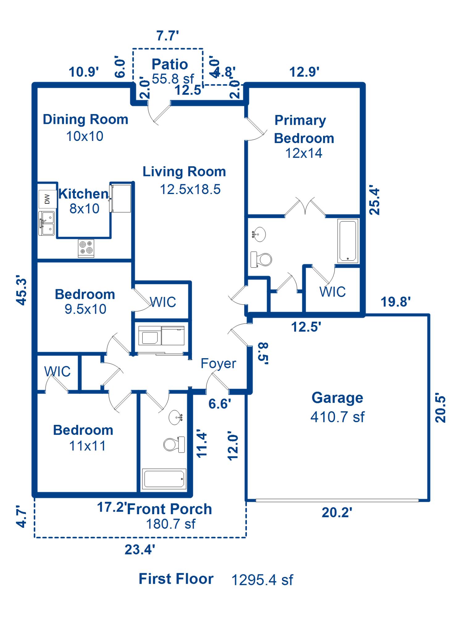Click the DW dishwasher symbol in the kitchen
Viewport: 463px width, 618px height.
(x=47, y=199)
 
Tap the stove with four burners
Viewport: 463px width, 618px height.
(x=86, y=248)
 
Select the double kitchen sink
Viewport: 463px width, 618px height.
(x=47, y=223)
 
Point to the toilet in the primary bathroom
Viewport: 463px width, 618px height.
(x=261, y=259)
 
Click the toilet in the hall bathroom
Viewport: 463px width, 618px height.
(x=174, y=444)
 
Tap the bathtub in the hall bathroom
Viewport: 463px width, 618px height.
(x=164, y=479)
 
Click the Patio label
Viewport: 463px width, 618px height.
(x=170, y=64)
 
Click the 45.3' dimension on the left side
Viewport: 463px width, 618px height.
(x=22, y=290)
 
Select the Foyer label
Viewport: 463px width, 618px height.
(x=218, y=363)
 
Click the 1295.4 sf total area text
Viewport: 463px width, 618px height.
(x=262, y=580)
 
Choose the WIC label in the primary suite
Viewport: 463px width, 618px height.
(x=332, y=292)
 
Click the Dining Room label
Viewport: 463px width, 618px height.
(x=86, y=120)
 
